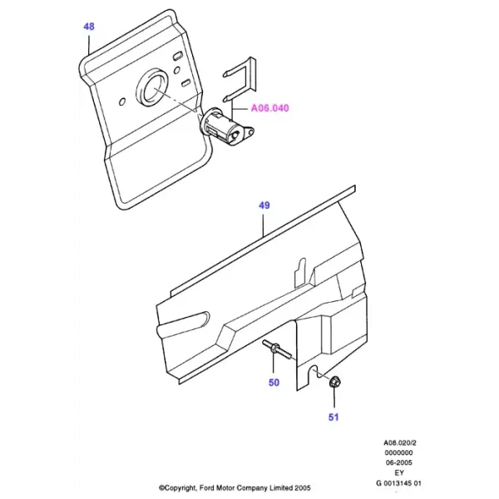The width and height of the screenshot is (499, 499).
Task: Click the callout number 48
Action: point(89,27)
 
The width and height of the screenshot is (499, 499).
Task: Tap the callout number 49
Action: point(264,205)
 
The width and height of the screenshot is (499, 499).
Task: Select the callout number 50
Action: point(274,383)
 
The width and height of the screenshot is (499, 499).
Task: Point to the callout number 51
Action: point(333,417)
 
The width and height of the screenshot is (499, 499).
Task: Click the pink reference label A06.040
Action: point(269,108)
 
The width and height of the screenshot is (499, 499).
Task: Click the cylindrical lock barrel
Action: point(226,126)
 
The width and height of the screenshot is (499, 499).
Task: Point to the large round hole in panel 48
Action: point(151,86)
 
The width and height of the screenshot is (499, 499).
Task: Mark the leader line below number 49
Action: point(264,225)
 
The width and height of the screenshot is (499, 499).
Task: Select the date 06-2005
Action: point(398,462)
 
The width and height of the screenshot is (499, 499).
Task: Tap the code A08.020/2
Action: point(400,442)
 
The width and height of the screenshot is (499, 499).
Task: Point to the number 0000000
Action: point(398,452)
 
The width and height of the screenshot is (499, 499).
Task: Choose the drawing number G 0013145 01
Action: point(398,483)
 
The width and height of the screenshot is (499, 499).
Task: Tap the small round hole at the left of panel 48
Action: point(122,101)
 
